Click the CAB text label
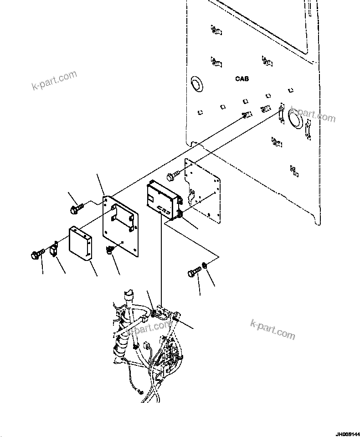coord(242,79)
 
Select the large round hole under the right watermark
coord(293,120)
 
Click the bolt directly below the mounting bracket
coord(110,250)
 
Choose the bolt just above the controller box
coord(175,175)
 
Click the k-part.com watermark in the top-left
coord(54,80)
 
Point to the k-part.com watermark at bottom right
coord(273,329)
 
